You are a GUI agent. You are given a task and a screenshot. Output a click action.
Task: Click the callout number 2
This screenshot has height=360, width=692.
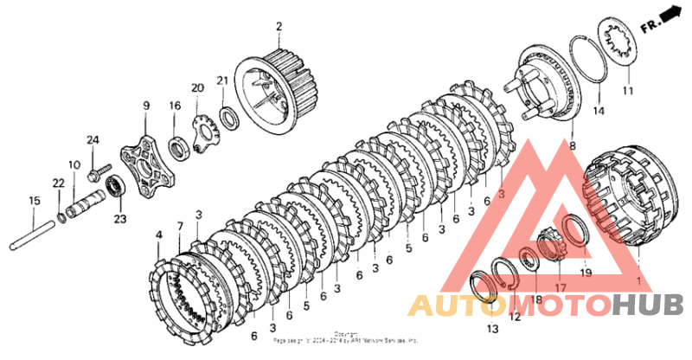279,27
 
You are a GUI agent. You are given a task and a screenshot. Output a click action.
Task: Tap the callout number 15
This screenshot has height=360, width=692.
34,201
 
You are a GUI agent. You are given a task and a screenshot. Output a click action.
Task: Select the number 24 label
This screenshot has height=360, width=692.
93,139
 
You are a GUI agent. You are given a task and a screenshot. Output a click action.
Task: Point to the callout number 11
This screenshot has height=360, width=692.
628,90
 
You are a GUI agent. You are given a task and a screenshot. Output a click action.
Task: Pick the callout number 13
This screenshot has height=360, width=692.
492,329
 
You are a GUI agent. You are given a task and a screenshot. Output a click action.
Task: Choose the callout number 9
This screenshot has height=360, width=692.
145,106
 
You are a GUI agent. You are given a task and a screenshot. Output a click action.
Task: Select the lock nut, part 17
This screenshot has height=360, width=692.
550,243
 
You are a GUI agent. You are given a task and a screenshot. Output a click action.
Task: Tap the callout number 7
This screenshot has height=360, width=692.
180,227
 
